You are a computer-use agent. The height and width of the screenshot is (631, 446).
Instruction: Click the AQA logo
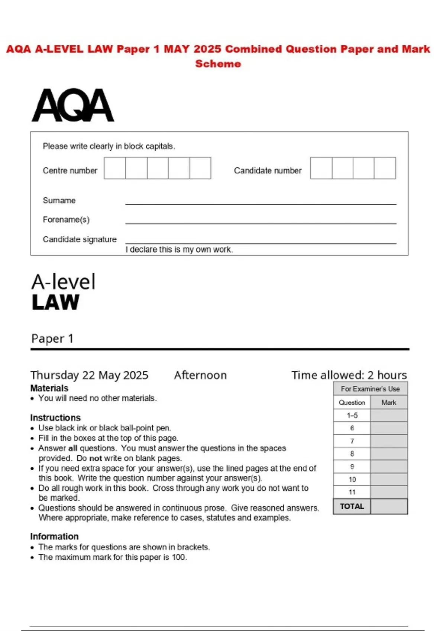coord(73,105)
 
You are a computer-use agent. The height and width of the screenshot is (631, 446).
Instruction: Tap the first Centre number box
coord(115,168)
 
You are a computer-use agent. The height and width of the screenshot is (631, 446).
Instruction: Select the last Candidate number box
coord(385,168)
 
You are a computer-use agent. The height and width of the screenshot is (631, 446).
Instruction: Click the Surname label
coord(59,200)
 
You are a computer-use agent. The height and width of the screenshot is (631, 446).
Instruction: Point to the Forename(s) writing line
coord(261,223)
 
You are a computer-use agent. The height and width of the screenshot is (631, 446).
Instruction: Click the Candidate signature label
coord(80,239)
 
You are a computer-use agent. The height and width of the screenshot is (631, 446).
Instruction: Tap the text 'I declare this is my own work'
coord(179,250)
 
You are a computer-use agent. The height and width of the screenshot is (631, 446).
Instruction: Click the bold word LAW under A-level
coord(55,302)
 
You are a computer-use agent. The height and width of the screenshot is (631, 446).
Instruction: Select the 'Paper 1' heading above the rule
coord(52,339)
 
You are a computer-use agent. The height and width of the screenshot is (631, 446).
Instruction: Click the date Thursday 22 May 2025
coord(89,375)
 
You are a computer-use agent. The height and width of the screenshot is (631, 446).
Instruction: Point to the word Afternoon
coord(200,375)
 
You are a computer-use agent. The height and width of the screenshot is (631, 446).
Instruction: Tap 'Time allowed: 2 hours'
coord(349,375)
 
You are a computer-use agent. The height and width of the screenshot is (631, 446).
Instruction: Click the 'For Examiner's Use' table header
coord(370,389)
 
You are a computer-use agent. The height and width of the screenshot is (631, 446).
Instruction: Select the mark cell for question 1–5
coord(389,415)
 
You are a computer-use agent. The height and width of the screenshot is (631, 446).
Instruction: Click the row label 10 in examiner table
coord(352,480)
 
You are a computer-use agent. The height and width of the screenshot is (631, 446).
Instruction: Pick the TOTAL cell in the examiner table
coord(352,506)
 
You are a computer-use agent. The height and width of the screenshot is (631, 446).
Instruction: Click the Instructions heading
coord(55,418)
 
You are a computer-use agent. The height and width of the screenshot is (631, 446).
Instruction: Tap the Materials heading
coord(49,388)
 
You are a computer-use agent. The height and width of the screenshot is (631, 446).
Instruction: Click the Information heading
coord(54,536)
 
